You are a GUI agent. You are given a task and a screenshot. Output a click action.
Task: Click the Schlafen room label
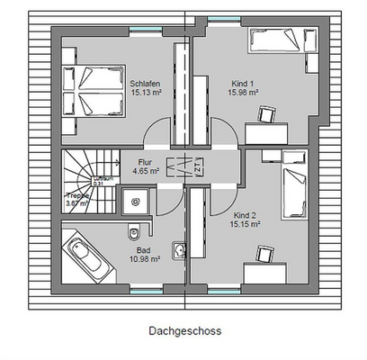(144, 81)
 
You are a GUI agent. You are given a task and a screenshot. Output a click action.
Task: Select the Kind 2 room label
(245, 216)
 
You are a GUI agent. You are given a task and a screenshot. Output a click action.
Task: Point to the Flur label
(146, 159)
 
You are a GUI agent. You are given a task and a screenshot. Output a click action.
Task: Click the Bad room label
(143, 249)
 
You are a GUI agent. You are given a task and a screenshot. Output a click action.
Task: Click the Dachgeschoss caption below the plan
(184, 330)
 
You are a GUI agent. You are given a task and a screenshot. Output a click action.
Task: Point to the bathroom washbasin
(180, 248)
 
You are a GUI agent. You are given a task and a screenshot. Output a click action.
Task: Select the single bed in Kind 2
(293, 192)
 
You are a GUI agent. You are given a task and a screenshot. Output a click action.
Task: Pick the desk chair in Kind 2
(265, 254)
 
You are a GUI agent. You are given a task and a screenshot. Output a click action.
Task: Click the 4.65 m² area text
(148, 168)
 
